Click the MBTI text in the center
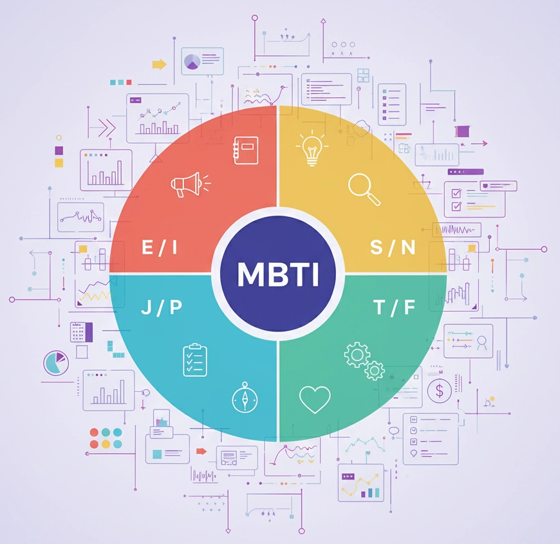278,274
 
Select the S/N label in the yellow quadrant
393,248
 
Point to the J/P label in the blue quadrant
162,307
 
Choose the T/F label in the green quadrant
395,308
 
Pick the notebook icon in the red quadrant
246,150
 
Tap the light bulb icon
312,150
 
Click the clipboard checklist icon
195,359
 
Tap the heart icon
314,399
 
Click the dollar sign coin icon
440,389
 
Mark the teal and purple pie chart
55,362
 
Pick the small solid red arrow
200,451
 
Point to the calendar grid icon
78,332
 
